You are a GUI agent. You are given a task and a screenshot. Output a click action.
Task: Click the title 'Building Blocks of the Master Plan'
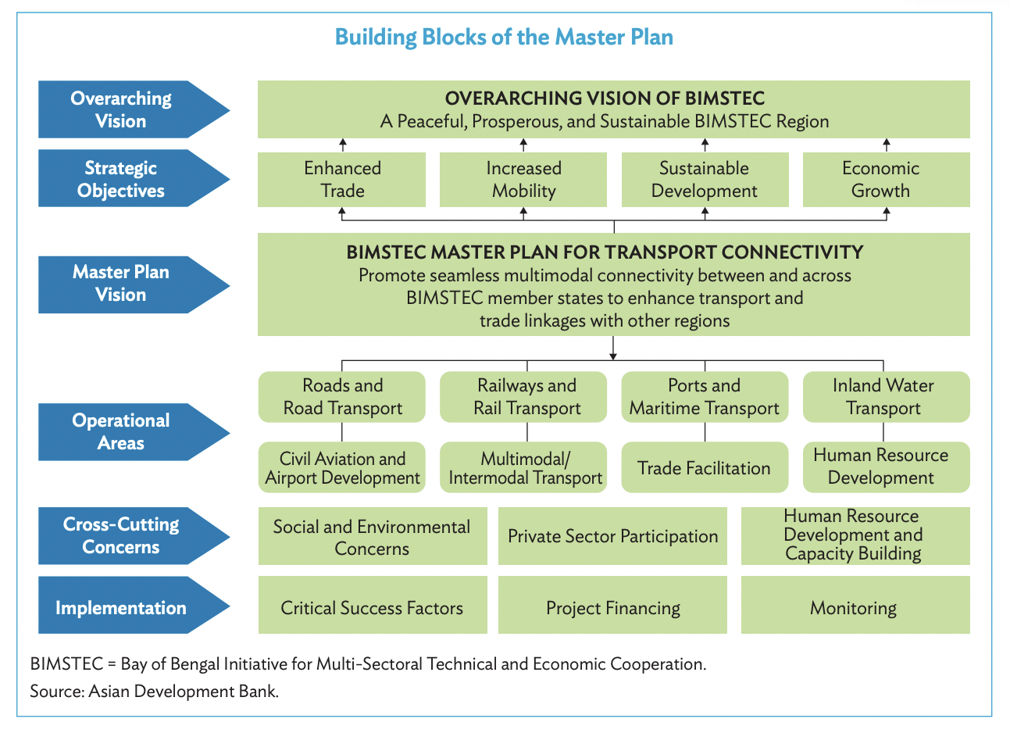(504, 38)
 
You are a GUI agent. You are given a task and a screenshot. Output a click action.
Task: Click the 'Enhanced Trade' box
(342, 180)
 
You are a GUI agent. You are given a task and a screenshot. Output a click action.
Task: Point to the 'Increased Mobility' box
(523, 180)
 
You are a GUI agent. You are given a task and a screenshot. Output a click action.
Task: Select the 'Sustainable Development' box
(705, 180)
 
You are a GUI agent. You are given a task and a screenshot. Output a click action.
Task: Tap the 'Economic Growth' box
(886, 180)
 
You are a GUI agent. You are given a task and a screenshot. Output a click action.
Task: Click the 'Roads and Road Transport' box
(342, 397)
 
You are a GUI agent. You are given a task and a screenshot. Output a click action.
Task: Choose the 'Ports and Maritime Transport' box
(705, 397)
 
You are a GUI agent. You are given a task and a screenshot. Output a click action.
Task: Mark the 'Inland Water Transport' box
(886, 397)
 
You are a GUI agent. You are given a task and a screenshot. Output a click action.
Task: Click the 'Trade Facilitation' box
(705, 468)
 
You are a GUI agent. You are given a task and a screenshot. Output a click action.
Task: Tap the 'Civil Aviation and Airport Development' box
(342, 468)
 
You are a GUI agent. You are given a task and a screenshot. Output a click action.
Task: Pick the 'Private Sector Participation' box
(612, 536)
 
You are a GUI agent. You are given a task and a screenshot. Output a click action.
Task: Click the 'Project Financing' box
(612, 607)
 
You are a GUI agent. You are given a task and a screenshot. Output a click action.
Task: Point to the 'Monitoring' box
(855, 607)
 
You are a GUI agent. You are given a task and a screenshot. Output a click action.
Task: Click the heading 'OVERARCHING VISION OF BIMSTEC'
(605, 98)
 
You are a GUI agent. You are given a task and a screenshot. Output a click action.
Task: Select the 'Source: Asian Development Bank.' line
(154, 691)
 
